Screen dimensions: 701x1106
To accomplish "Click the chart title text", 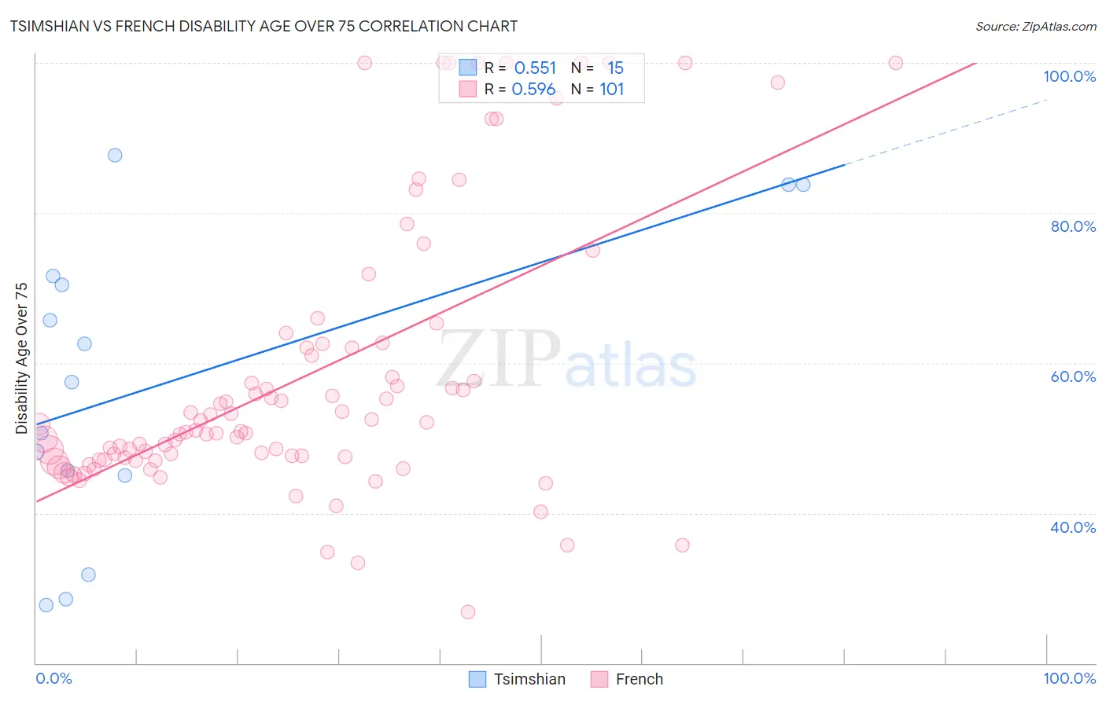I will [x=264, y=26].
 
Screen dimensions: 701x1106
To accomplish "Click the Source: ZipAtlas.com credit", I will [x=1035, y=26].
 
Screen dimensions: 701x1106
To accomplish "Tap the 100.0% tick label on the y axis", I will [x=1069, y=76].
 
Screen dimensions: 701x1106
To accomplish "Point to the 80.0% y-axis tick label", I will [x=1073, y=226].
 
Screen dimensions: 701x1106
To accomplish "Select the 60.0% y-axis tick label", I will [x=1073, y=376].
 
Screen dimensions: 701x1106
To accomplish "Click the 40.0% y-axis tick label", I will [x=1073, y=527].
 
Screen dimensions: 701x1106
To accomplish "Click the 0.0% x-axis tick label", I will [x=53, y=678].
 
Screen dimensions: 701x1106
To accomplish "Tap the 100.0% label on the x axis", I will [x=1069, y=678].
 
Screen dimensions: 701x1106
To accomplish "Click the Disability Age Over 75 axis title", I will [x=21, y=358].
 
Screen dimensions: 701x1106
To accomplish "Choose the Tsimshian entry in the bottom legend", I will [x=517, y=679].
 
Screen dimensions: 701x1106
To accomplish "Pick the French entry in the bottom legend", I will [x=627, y=679].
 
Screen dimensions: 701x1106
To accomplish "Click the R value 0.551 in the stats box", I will [x=535, y=68].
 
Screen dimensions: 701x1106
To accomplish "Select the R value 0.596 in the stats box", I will [x=533, y=90].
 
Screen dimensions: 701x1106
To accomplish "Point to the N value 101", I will [x=611, y=90].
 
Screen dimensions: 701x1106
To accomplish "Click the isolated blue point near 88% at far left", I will [x=115, y=155].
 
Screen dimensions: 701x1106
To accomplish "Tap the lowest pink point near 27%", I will [x=468, y=612].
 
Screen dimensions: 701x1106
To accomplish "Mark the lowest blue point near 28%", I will [x=46, y=605].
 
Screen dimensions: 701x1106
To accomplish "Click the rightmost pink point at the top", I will [x=895, y=63].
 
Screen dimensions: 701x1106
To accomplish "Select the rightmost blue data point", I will [x=803, y=185].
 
